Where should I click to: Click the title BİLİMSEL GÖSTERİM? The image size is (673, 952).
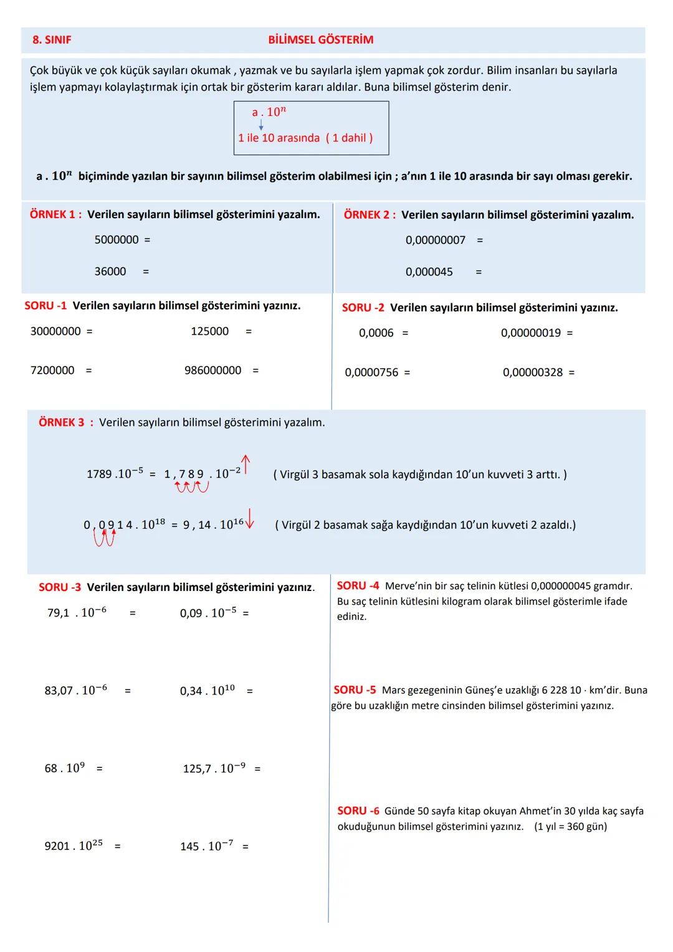[320, 40]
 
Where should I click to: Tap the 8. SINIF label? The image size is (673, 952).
[52, 40]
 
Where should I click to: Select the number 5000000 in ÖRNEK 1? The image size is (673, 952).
[117, 240]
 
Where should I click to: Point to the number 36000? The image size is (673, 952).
[110, 272]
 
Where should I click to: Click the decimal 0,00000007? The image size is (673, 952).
[435, 241]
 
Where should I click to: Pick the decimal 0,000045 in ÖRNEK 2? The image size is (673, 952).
[429, 272]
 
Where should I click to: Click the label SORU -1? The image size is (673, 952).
[45, 306]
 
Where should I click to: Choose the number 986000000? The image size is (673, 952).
[212, 371]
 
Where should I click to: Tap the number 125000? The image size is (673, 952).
[209, 332]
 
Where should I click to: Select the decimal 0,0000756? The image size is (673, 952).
[371, 373]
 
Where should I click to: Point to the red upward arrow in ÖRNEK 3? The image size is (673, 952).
[246, 465]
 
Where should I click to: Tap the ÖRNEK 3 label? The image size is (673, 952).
[62, 423]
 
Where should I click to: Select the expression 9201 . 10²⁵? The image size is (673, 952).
[74, 846]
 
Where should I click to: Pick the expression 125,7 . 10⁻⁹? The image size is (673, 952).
[214, 769]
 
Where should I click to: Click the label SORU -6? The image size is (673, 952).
[358, 811]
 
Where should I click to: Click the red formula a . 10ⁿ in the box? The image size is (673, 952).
[269, 112]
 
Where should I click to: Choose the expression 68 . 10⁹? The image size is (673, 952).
[63, 768]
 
